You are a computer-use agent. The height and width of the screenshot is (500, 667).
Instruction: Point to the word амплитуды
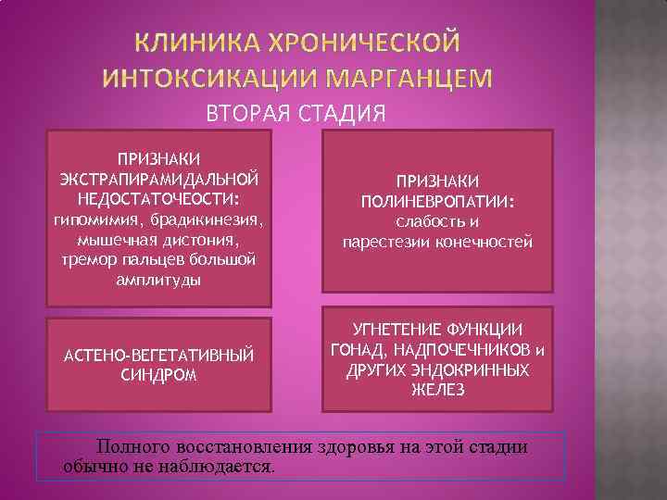tap(159, 279)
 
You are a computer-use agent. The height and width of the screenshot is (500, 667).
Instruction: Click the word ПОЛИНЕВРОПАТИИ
tap(437, 202)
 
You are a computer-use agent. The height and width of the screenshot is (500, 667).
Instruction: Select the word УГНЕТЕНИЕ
tap(386, 331)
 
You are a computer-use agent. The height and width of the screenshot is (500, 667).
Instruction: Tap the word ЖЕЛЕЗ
tap(437, 390)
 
